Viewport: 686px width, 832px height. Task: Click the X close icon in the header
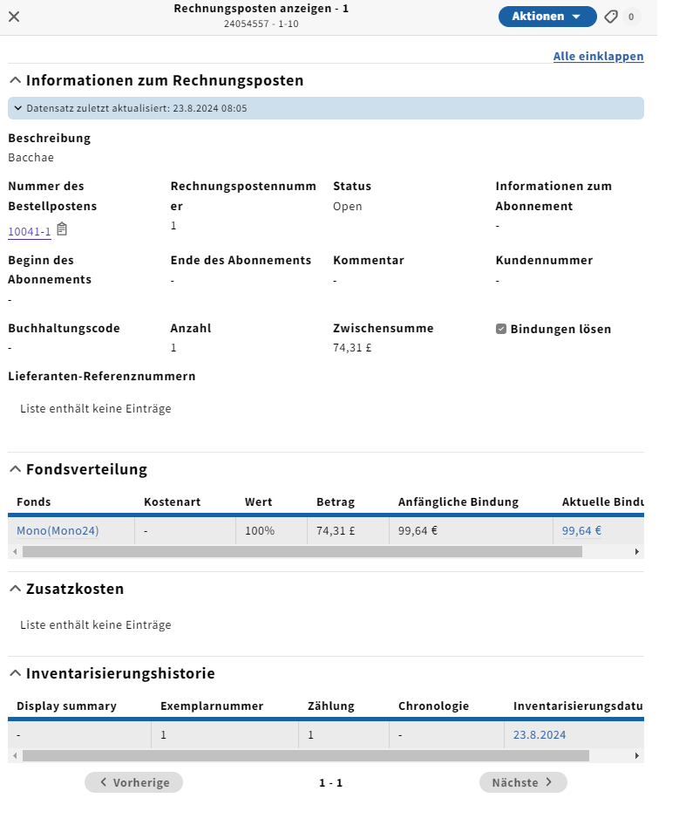point(14,17)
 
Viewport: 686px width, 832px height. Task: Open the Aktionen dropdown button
point(547,17)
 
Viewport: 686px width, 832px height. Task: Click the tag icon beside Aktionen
point(611,17)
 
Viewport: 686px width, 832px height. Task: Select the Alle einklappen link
point(598,57)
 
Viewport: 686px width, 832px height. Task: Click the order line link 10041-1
point(30,231)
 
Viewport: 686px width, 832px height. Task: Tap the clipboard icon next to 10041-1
point(62,229)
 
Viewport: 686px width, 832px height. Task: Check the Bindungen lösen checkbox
point(501,329)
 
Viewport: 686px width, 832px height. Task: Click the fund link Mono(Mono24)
point(58,530)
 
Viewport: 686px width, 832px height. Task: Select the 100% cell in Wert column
point(260,530)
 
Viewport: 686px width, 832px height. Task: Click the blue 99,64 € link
point(581,530)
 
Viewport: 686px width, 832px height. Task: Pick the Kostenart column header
point(173,501)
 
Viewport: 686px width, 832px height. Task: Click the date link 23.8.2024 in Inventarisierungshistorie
point(540,734)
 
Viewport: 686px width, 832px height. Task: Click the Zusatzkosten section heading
point(75,589)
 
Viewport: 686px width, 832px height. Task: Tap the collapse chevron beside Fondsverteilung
point(15,469)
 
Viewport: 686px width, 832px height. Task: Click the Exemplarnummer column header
point(212,706)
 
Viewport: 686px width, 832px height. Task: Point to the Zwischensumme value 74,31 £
point(352,347)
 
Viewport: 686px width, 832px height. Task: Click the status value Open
point(347,207)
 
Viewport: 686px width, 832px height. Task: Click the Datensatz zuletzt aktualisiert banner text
point(137,109)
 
